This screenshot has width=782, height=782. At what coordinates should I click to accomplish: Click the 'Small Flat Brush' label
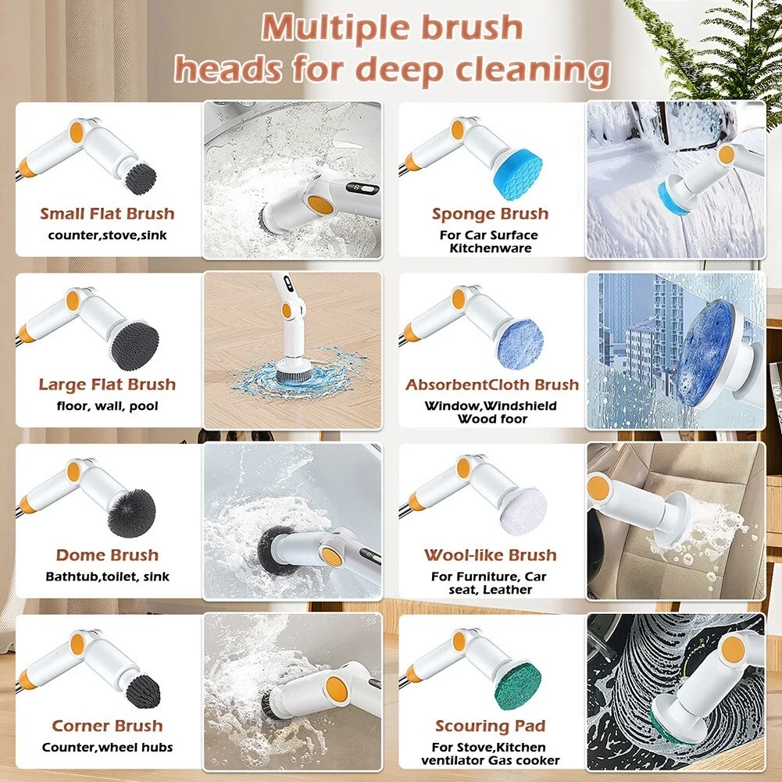coord(107,213)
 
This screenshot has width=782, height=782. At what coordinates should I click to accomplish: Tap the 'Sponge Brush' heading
coord(491,214)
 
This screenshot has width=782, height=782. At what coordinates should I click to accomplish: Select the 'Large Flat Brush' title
coord(107,384)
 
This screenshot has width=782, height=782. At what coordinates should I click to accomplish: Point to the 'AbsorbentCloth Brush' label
coord(492,384)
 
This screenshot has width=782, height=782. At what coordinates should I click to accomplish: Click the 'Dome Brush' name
coord(107,555)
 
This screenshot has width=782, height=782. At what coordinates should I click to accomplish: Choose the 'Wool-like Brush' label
coord(491,555)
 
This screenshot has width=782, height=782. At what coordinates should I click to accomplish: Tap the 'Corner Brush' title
coord(107,726)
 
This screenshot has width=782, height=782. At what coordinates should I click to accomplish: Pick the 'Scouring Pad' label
coord(491,726)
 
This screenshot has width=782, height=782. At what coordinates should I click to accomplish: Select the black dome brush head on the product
coord(132,513)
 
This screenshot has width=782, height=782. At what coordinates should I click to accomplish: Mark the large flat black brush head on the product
coord(135,345)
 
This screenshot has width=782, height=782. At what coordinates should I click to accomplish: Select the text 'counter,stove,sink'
coord(107,235)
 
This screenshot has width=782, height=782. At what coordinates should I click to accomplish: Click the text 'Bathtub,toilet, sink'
coord(107,577)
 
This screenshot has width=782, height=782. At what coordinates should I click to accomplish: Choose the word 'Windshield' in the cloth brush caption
coord(520,406)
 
